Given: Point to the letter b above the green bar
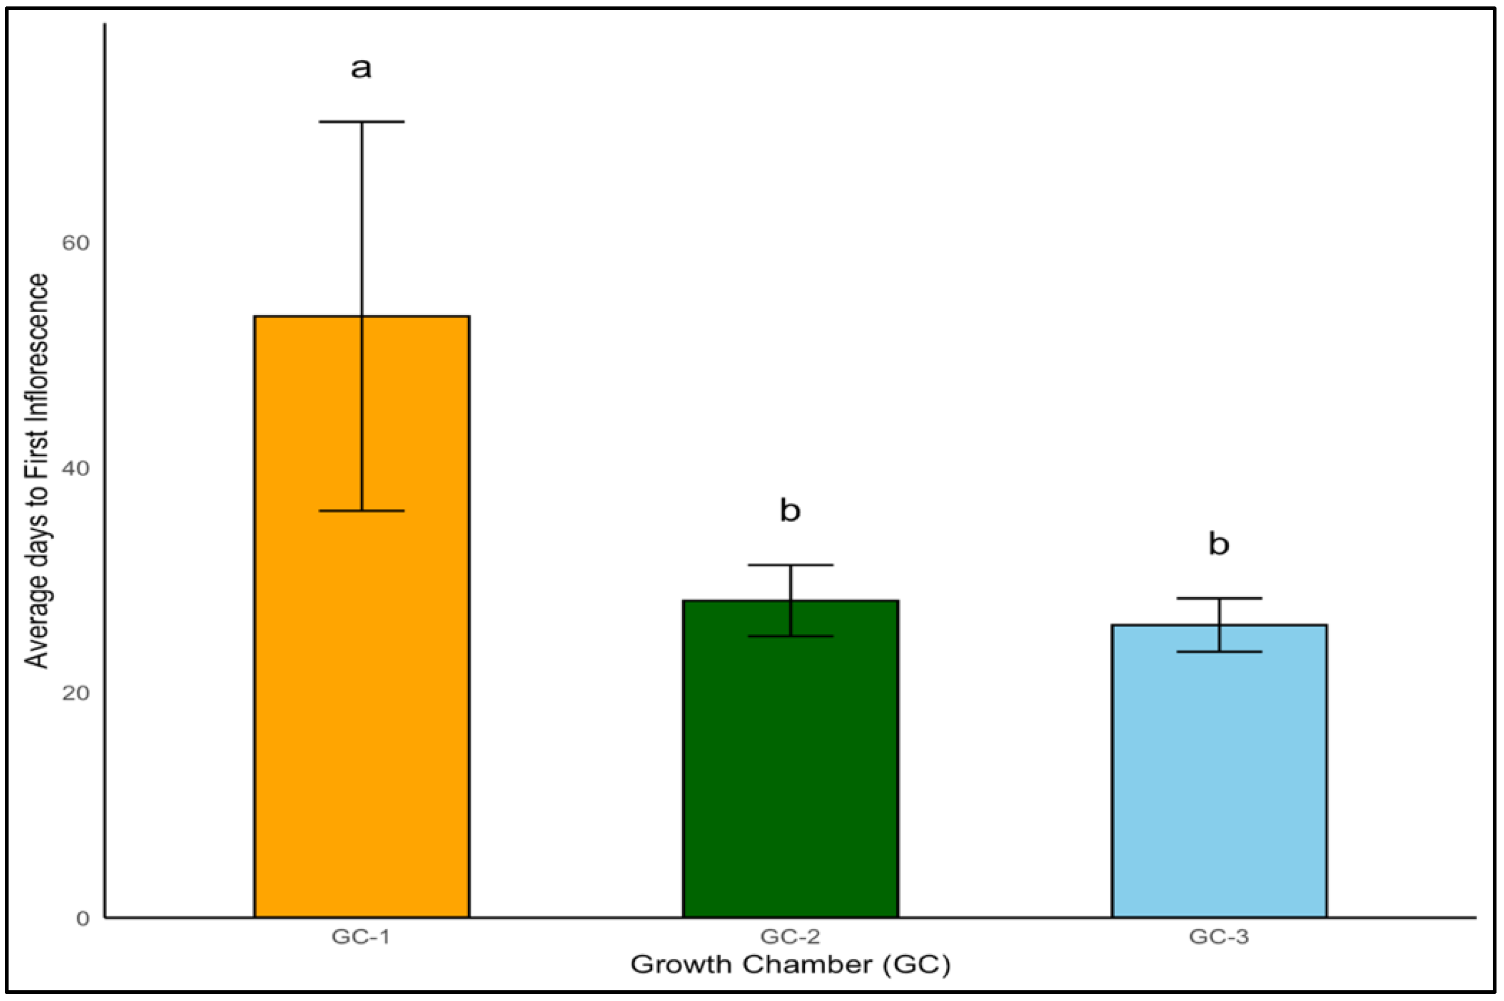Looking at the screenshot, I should [790, 511].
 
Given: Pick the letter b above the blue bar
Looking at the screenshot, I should [1219, 544].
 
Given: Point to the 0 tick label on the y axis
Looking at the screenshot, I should [82, 919].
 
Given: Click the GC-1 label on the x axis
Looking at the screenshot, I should [361, 937].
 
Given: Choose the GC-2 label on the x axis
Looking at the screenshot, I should [790, 937].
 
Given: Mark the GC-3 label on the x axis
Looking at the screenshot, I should [1219, 937].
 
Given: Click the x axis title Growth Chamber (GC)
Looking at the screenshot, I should [790, 965].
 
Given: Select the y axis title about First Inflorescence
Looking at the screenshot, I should [37, 471].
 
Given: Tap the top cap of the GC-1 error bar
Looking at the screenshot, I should [362, 121].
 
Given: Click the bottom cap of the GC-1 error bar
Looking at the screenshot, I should [362, 511].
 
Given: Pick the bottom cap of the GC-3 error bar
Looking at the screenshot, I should [1219, 652].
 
